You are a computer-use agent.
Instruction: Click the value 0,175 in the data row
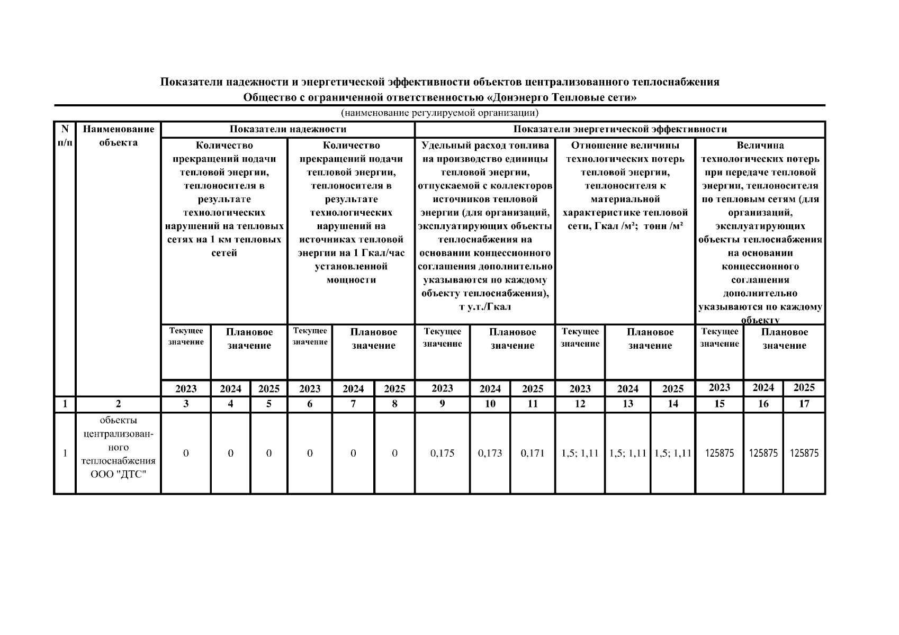coord(442,453)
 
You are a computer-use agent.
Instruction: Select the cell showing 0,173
coord(490,453)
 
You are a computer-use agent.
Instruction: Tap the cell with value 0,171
coord(533,453)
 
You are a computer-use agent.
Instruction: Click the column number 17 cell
coord(804,404)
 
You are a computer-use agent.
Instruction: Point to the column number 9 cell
coord(442,404)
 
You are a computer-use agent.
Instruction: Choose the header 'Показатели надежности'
coord(287,129)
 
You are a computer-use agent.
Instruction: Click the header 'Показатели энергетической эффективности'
coord(620,129)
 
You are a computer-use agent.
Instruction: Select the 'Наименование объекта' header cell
coord(118,135)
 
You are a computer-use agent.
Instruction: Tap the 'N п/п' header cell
coord(65,135)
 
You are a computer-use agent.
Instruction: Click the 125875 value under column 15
coord(719,453)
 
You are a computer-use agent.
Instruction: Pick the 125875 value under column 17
coord(804,453)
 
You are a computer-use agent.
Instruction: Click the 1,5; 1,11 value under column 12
coord(580,453)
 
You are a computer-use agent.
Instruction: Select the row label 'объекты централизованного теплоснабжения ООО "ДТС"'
coord(118,453)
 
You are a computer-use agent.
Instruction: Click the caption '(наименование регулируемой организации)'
coord(439,113)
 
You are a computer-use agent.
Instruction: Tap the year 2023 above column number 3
coord(186,388)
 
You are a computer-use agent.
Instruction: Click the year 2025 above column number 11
coord(533,388)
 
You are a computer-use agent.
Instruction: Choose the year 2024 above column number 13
coord(627,388)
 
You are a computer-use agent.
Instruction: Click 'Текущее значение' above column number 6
coord(310,337)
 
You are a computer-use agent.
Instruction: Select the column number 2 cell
coord(118,404)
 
